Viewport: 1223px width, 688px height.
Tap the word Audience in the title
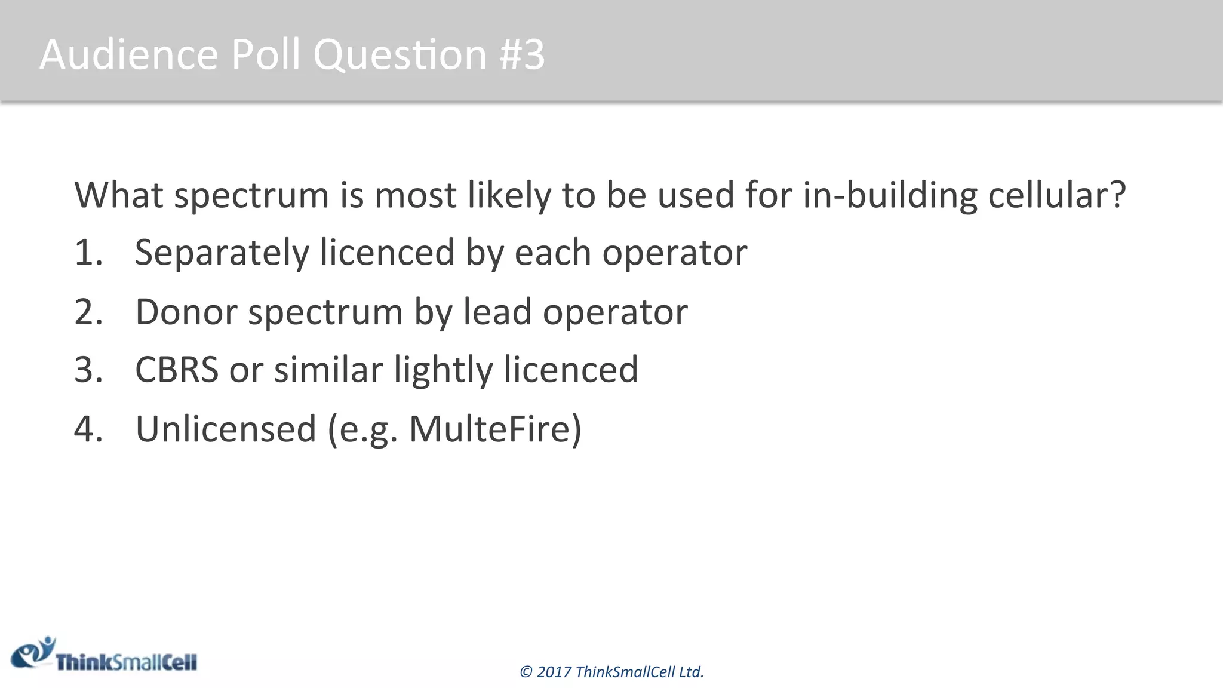tap(129, 54)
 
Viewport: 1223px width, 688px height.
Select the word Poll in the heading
tap(266, 54)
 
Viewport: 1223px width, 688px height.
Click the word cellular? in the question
tap(1057, 195)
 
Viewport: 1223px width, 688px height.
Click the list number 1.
tap(88, 253)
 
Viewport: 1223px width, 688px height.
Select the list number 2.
tap(88, 312)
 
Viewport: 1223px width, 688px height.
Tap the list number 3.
tap(88, 370)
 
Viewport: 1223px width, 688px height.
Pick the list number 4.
tap(88, 429)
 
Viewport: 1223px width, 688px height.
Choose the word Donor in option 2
tap(186, 312)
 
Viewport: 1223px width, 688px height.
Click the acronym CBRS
tap(177, 370)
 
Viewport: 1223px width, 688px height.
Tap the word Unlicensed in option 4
tap(226, 429)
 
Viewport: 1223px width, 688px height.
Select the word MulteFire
tap(490, 429)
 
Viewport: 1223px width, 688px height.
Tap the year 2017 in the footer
tap(554, 672)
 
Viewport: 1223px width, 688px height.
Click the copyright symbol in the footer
tap(526, 672)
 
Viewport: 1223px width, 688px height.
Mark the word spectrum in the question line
tap(251, 196)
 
